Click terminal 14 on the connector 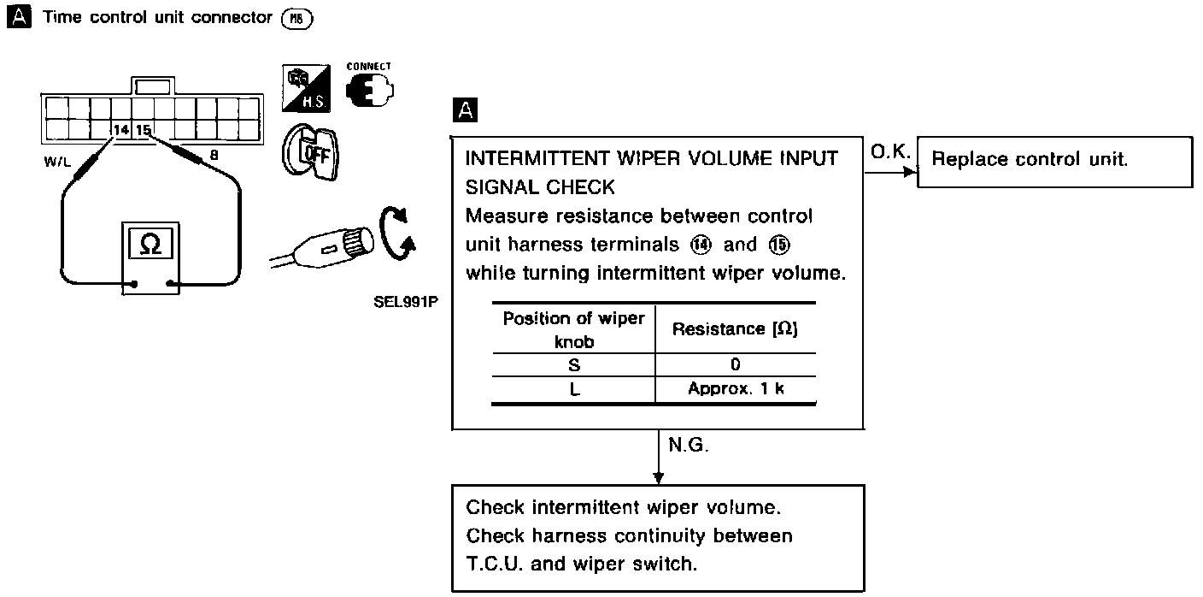(121, 130)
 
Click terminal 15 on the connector (143, 130)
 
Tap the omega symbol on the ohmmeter (150, 244)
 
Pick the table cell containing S (573, 365)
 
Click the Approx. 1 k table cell (736, 388)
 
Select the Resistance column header (736, 328)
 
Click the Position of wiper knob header (573, 328)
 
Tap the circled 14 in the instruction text (697, 245)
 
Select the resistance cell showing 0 (736, 365)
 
